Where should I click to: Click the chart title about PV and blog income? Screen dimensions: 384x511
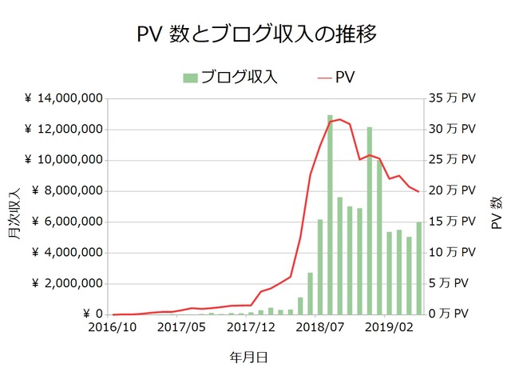pyautogui.click(x=255, y=34)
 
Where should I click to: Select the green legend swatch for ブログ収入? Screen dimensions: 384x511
pyautogui.click(x=190, y=78)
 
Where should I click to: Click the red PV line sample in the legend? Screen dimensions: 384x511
pyautogui.click(x=324, y=78)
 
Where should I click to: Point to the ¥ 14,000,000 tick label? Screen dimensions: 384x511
pyautogui.click(x=63, y=98)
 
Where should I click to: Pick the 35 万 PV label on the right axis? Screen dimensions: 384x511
pyautogui.click(x=451, y=98)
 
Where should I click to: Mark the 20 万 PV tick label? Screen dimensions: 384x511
pyautogui.click(x=451, y=191)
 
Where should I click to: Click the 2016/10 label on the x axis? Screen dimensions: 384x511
pyautogui.click(x=113, y=327)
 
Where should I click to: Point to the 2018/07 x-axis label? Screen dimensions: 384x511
pyautogui.click(x=319, y=327)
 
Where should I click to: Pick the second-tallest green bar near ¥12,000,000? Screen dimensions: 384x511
pyautogui.click(x=369, y=221)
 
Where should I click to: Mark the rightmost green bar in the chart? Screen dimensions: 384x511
pyautogui.click(x=418, y=268)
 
